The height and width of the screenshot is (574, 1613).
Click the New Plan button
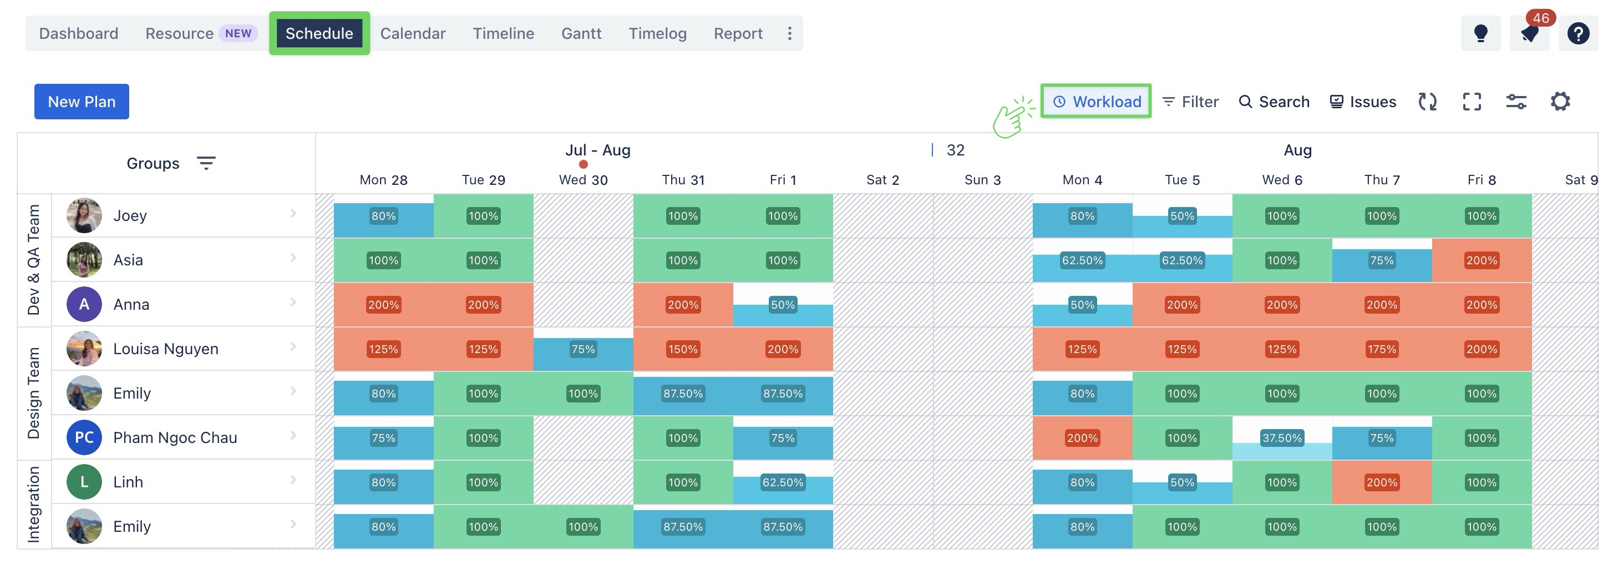(82, 102)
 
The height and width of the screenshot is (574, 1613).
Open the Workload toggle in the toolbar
(1097, 102)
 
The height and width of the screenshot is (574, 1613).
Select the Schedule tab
(319, 33)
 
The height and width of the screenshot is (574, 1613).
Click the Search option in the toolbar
(1274, 102)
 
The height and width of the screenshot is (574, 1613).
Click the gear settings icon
(1560, 102)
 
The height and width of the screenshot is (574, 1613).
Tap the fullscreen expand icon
(1472, 102)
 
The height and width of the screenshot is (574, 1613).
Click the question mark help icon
(1578, 33)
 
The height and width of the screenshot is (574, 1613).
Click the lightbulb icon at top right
(1480, 33)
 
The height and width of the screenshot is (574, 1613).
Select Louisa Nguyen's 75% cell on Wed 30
(583, 349)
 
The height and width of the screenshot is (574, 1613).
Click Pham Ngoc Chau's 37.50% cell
(1281, 438)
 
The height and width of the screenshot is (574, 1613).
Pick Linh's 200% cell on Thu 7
(1381, 482)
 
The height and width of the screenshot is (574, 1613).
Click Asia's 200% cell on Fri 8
(1481, 260)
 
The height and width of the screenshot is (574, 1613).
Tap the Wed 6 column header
(1281, 180)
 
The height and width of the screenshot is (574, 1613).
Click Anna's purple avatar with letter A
(84, 305)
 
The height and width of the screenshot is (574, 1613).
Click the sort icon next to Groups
(206, 164)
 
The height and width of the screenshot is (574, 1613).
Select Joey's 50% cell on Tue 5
(1181, 216)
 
